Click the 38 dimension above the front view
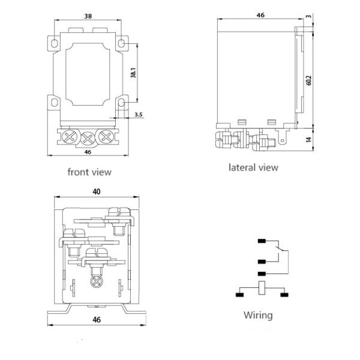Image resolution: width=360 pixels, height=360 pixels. coord(88,17)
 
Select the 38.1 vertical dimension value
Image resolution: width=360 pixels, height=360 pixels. coord(134,72)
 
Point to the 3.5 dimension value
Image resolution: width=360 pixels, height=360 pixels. coord(139,114)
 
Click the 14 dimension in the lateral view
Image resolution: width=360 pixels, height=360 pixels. coord(309,139)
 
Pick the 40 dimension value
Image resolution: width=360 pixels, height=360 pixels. coord(97,191)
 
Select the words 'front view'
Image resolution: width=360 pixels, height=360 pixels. coord(89,172)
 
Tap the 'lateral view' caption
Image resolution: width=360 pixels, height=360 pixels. coord(253,167)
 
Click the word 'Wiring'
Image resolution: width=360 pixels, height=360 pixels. coord(258,315)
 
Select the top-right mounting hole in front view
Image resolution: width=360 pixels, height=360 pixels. coord(122,44)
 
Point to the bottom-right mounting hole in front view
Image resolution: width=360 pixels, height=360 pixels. coord(122,103)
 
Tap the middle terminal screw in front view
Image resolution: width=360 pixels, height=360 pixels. coord(89,139)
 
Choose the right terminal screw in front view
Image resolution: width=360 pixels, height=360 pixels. coord(108,137)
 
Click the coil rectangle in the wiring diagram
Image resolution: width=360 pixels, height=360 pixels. coord(262,289)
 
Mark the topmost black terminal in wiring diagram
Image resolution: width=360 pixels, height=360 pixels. coord(262,242)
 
